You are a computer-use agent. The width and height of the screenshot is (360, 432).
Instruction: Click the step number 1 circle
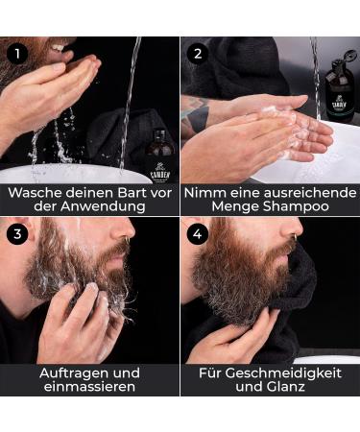pos(15,54)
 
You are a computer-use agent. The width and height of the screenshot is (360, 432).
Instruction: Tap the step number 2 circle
pos(197,54)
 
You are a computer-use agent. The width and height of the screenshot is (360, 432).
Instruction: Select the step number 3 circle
pos(15,234)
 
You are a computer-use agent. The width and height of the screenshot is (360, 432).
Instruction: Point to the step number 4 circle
pos(197,234)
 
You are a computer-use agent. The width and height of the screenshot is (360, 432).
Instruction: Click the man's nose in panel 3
pos(127,232)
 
